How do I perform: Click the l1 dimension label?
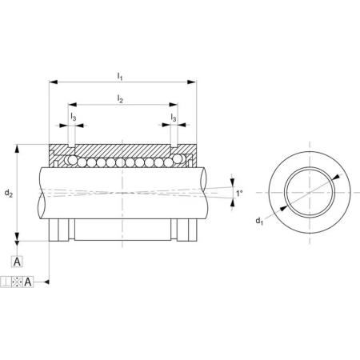pos(120,77)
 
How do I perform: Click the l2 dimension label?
pos(120,99)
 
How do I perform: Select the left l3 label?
pos(74,117)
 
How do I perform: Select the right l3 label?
pos(174,117)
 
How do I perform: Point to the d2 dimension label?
pos(9,193)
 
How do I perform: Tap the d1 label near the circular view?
pos(259,221)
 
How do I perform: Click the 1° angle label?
pos(239,193)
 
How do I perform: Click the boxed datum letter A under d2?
pos(17,262)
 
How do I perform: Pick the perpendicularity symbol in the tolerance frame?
pos(6,282)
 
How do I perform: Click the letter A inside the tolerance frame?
pos(28,282)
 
